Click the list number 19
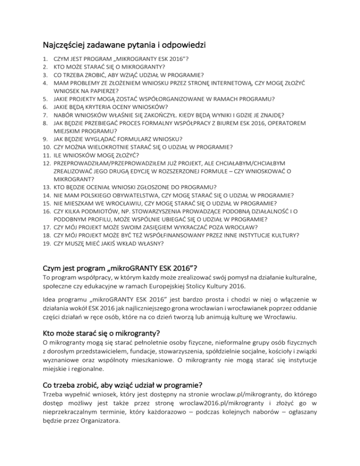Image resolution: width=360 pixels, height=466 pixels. point(45,243)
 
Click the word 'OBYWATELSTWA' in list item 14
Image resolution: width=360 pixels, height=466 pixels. point(136,195)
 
